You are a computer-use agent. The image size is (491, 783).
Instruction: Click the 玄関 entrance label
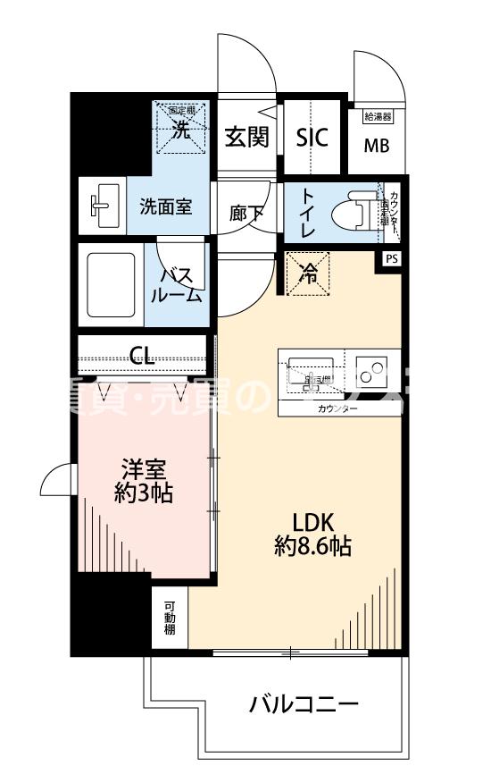click(x=246, y=138)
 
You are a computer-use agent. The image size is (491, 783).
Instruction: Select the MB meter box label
click(x=376, y=147)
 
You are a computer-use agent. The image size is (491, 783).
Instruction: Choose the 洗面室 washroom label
click(x=165, y=206)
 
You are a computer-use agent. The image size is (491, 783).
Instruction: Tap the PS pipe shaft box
click(x=391, y=258)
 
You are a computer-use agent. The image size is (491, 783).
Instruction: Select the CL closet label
click(x=141, y=356)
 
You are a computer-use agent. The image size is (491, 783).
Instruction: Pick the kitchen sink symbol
click(x=310, y=373)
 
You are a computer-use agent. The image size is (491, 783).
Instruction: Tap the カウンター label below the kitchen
click(x=337, y=408)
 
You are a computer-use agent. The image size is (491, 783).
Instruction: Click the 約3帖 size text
click(x=144, y=493)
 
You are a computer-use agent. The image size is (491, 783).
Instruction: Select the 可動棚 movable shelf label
click(x=170, y=618)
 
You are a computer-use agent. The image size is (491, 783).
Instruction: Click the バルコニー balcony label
click(x=304, y=704)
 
